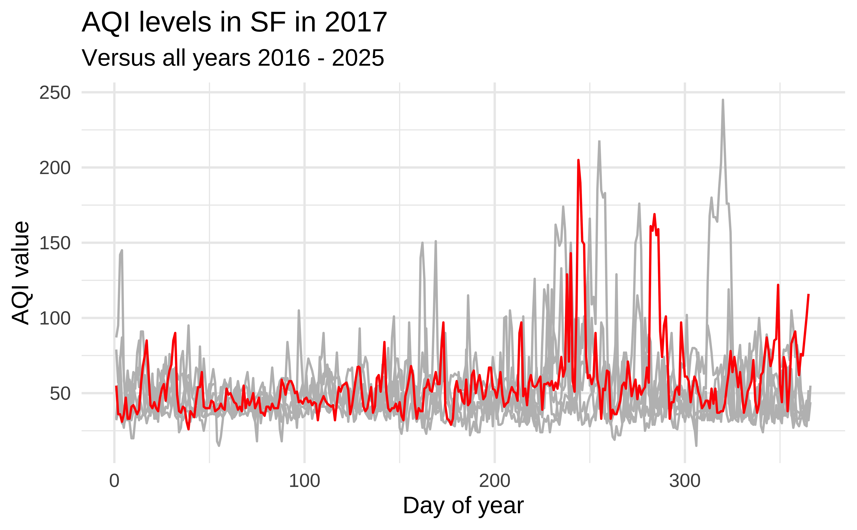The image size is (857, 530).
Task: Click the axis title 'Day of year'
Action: [463, 506]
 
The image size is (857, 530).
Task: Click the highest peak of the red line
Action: [578, 161]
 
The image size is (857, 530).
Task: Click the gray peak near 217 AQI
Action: [599, 142]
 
